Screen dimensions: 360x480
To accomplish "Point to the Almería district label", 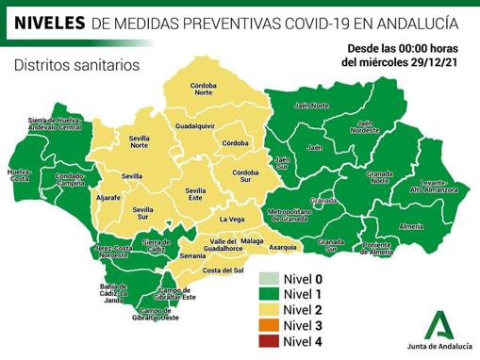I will [411, 227].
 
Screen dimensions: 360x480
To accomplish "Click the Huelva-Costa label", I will [19, 176].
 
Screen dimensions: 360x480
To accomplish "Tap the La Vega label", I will [231, 220].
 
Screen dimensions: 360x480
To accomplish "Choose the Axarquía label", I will [283, 247].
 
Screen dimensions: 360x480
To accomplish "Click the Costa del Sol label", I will [223, 270].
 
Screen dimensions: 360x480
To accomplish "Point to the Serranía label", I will [192, 255].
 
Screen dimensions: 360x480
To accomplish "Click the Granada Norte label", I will [380, 177].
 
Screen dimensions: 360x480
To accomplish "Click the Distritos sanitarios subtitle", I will [76, 65].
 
